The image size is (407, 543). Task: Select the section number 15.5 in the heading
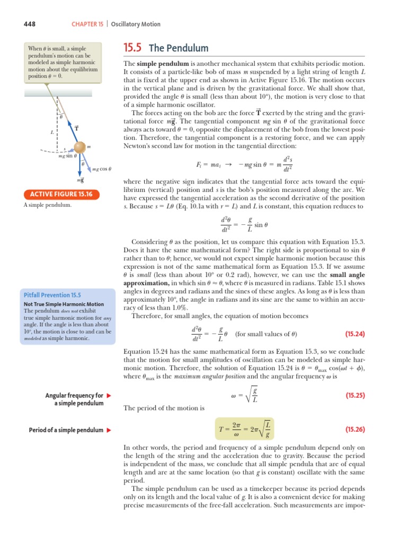pyautogui.click(x=132, y=48)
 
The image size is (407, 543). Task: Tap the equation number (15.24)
pyautogui.click(x=356, y=334)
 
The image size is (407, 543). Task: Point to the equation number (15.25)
pyautogui.click(x=356, y=395)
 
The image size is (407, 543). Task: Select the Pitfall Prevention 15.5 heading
pyautogui.click(x=52, y=294)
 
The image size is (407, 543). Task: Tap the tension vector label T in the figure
pyautogui.click(x=77, y=128)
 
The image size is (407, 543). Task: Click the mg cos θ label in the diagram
pyautogui.click(x=101, y=170)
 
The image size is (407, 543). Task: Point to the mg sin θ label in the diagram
pyautogui.click(x=67, y=156)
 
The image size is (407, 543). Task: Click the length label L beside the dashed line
pyautogui.click(x=52, y=133)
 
